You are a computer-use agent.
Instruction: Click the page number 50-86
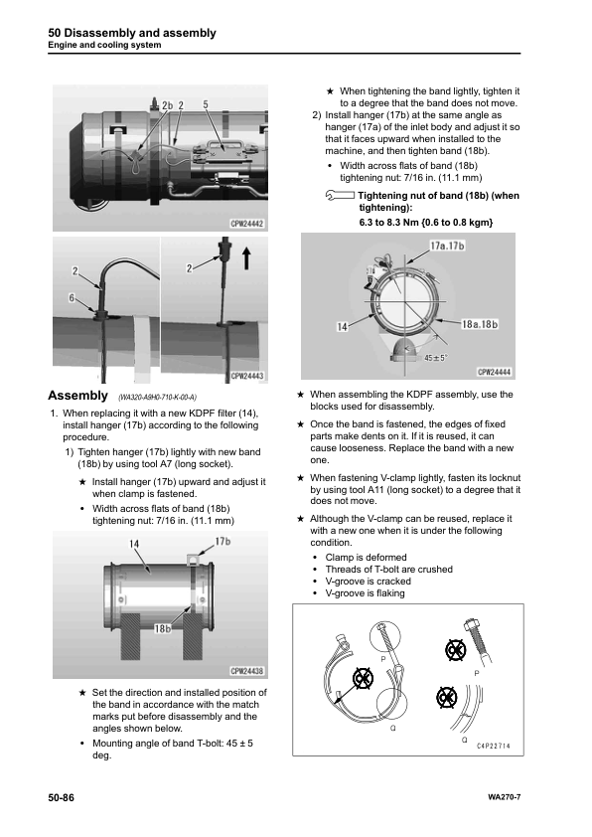[62, 798]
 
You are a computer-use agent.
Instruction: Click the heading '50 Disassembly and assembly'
[131, 33]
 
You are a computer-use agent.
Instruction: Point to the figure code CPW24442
[248, 225]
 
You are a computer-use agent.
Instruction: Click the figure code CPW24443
[248, 377]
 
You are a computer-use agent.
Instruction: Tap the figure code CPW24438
[248, 671]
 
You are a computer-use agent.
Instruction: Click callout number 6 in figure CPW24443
[71, 298]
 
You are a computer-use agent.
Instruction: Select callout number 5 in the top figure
[205, 104]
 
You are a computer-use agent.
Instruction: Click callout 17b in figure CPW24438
[222, 542]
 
